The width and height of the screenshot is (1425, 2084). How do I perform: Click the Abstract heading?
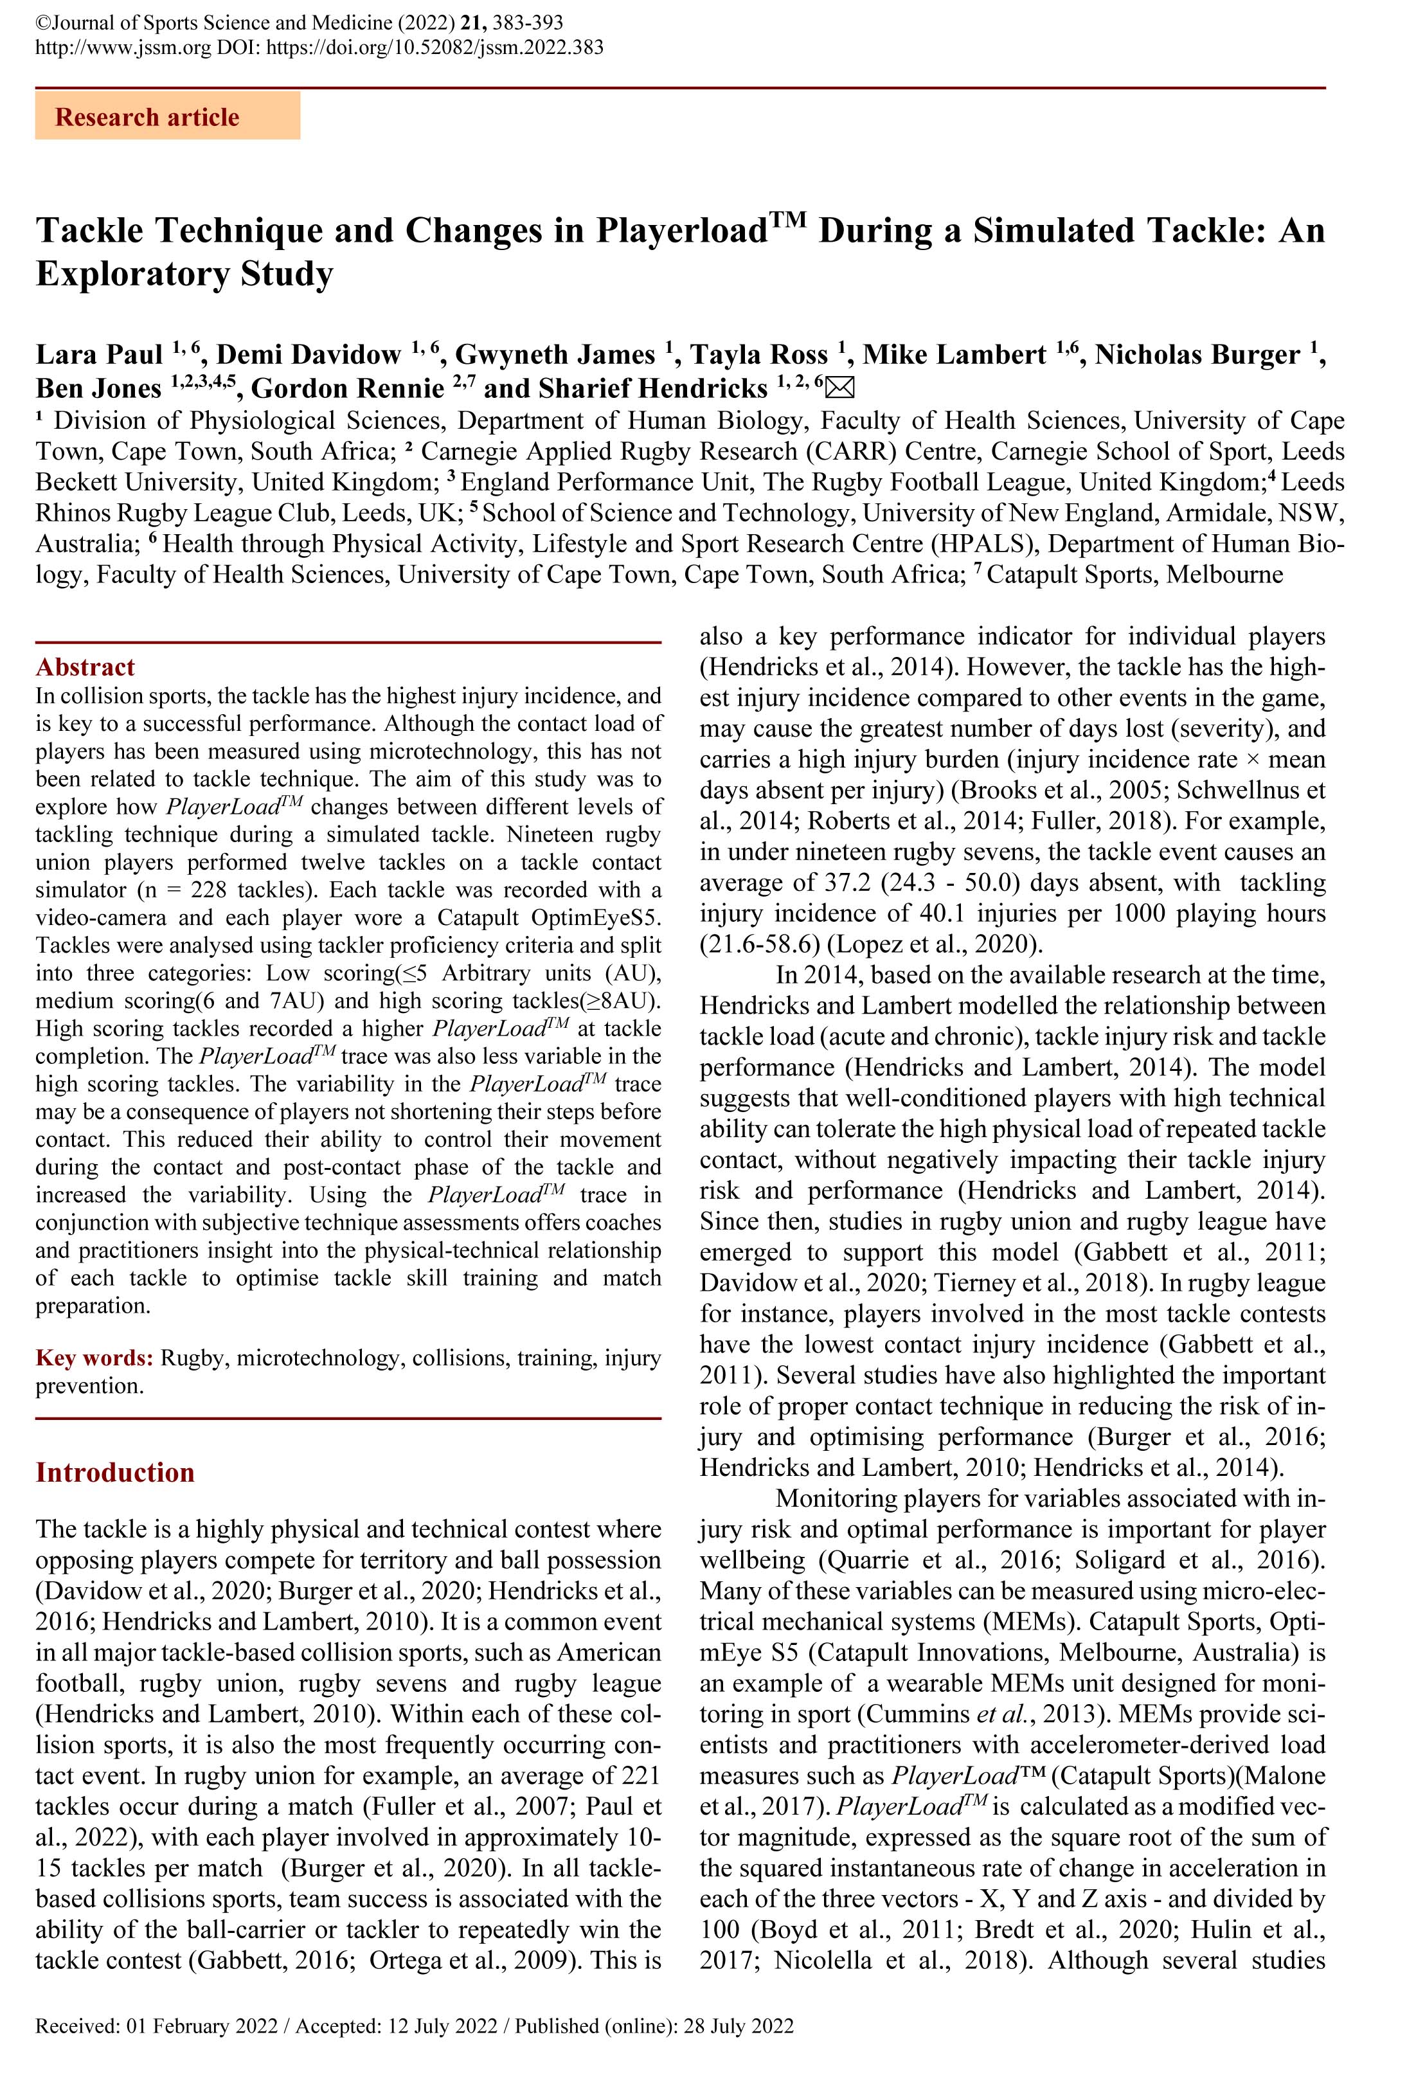click(85, 667)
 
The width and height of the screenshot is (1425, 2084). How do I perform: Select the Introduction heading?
click(115, 1473)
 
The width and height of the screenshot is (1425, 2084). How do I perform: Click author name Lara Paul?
click(98, 355)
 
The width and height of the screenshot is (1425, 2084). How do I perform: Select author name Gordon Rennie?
click(347, 388)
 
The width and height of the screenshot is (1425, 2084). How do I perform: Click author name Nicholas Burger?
click(1196, 355)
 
